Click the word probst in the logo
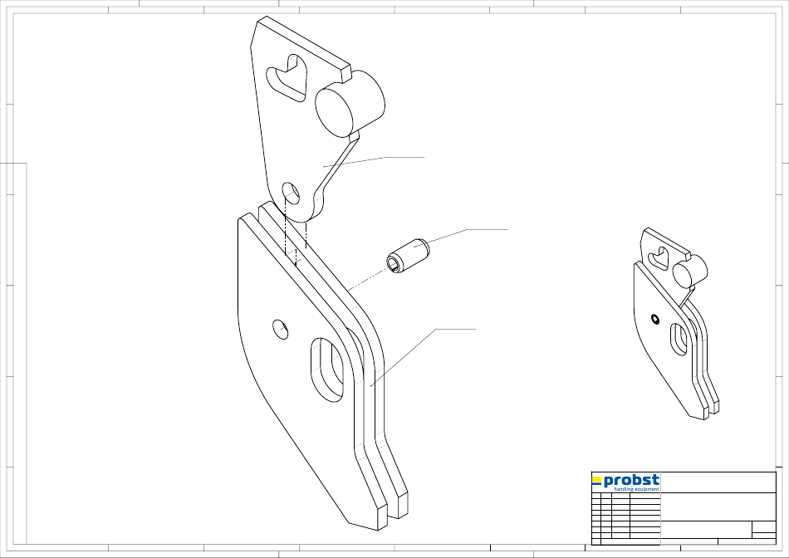(631, 481)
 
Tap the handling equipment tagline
(636, 489)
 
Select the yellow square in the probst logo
(597, 479)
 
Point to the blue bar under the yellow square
(597, 485)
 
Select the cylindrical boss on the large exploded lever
(350, 103)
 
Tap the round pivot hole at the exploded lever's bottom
(291, 194)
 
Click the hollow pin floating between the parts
(408, 256)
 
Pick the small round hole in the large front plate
(280, 329)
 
